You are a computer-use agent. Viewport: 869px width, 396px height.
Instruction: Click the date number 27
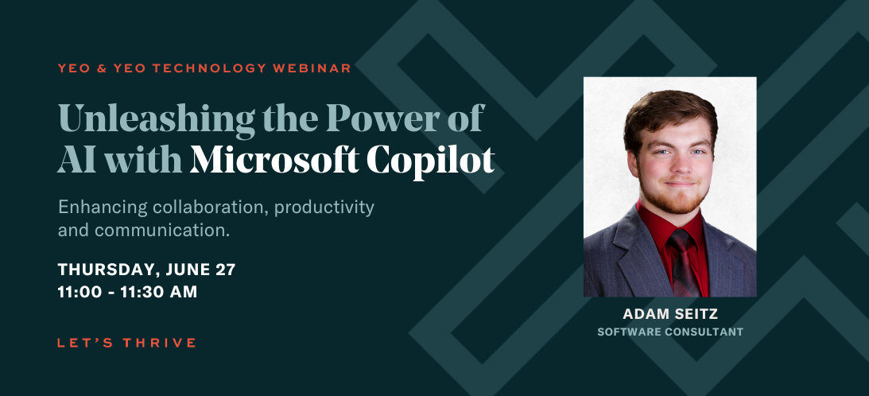pyautogui.click(x=226, y=270)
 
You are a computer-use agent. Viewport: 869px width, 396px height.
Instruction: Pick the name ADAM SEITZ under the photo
pyautogui.click(x=670, y=314)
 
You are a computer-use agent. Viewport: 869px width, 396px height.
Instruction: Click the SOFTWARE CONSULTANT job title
pyautogui.click(x=670, y=332)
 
